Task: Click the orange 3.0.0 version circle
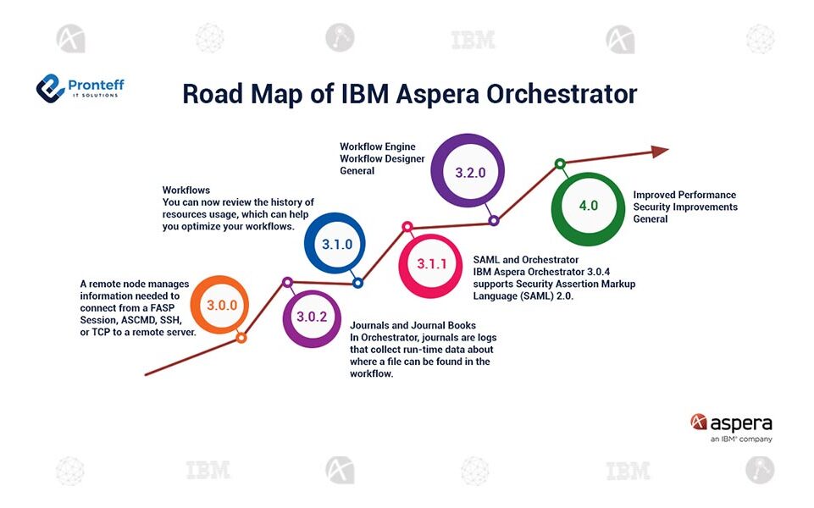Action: click(219, 305)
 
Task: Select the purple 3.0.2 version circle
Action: click(312, 317)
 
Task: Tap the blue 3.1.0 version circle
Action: click(336, 243)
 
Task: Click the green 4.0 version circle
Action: click(588, 206)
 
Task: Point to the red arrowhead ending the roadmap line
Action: click(659, 151)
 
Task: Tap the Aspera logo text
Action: click(740, 422)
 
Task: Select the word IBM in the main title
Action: click(368, 94)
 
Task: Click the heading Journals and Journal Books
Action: click(413, 325)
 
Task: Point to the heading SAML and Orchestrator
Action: click(526, 259)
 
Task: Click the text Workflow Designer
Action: click(382, 159)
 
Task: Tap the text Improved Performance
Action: click(684, 195)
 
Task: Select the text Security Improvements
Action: click(685, 207)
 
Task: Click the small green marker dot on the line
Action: click(559, 163)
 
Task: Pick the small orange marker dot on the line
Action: click(241, 337)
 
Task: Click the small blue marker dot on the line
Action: click(357, 283)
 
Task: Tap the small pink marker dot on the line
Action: click(407, 227)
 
